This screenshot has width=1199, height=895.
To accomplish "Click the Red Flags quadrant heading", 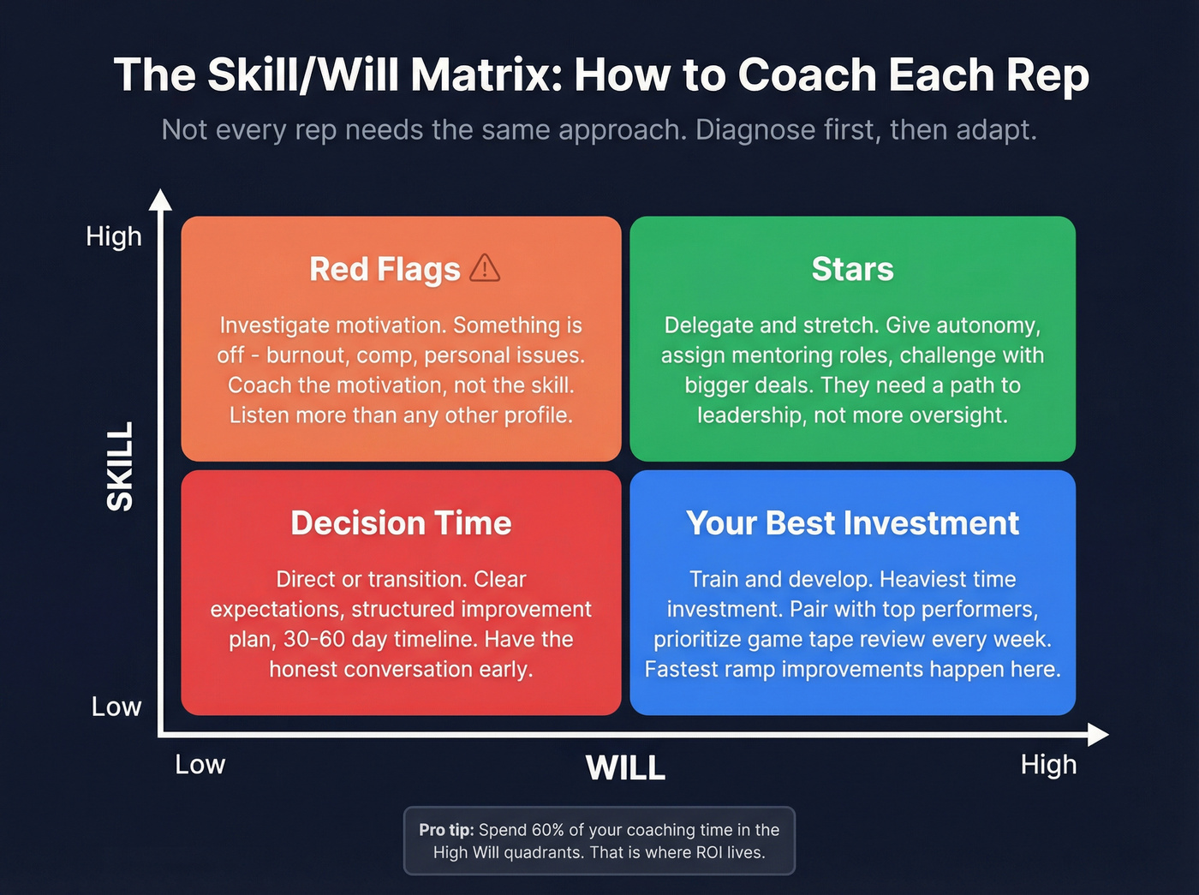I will pyautogui.click(x=385, y=269).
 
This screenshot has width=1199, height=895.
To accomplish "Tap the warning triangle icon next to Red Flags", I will pyautogui.click(x=485, y=268).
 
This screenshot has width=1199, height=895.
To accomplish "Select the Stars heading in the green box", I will pyautogui.click(x=852, y=269).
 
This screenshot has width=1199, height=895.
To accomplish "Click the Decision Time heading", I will pyautogui.click(x=401, y=522).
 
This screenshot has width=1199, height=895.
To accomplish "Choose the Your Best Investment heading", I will pyautogui.click(x=852, y=522).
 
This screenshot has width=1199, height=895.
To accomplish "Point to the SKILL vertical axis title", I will pyautogui.click(x=120, y=466).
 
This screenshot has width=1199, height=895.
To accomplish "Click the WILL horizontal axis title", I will pyautogui.click(x=625, y=767).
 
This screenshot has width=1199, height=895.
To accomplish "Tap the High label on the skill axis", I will pyautogui.click(x=113, y=236).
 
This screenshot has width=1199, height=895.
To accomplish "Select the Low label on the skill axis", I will pyautogui.click(x=116, y=707).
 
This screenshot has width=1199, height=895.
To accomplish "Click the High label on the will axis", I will pyautogui.click(x=1047, y=764).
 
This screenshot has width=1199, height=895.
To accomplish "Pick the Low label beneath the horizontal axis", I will pyautogui.click(x=200, y=764).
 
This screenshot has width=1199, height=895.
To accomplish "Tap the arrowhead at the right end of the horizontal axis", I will pyautogui.click(x=1098, y=734).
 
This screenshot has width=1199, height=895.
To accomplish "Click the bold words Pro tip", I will pyautogui.click(x=445, y=830).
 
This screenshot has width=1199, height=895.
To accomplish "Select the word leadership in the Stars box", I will pyautogui.click(x=749, y=415).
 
